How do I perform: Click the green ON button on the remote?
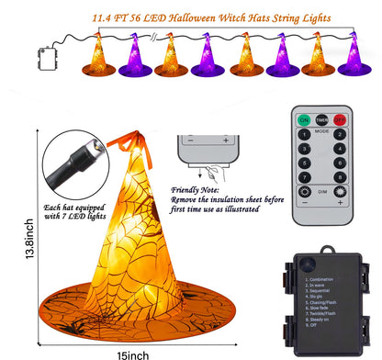(304, 119)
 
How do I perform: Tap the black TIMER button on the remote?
(320, 119)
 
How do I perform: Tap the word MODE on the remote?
(320, 130)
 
